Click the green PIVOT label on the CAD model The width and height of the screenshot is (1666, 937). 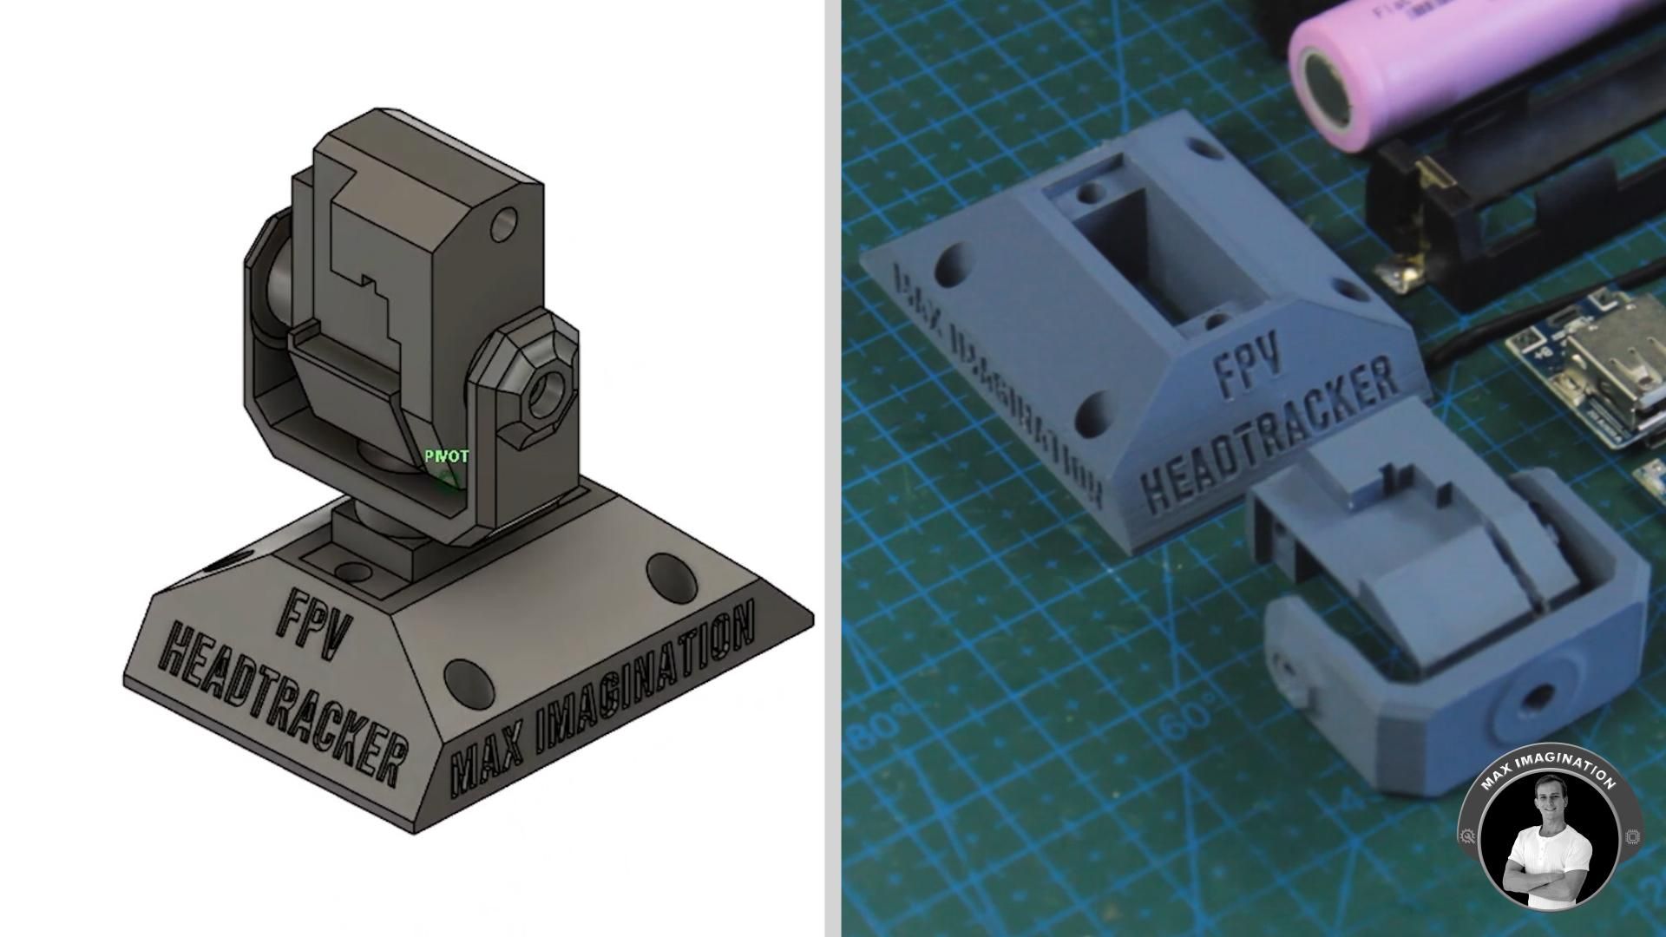(x=447, y=456)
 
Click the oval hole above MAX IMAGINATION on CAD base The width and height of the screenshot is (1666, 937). (x=666, y=573)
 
